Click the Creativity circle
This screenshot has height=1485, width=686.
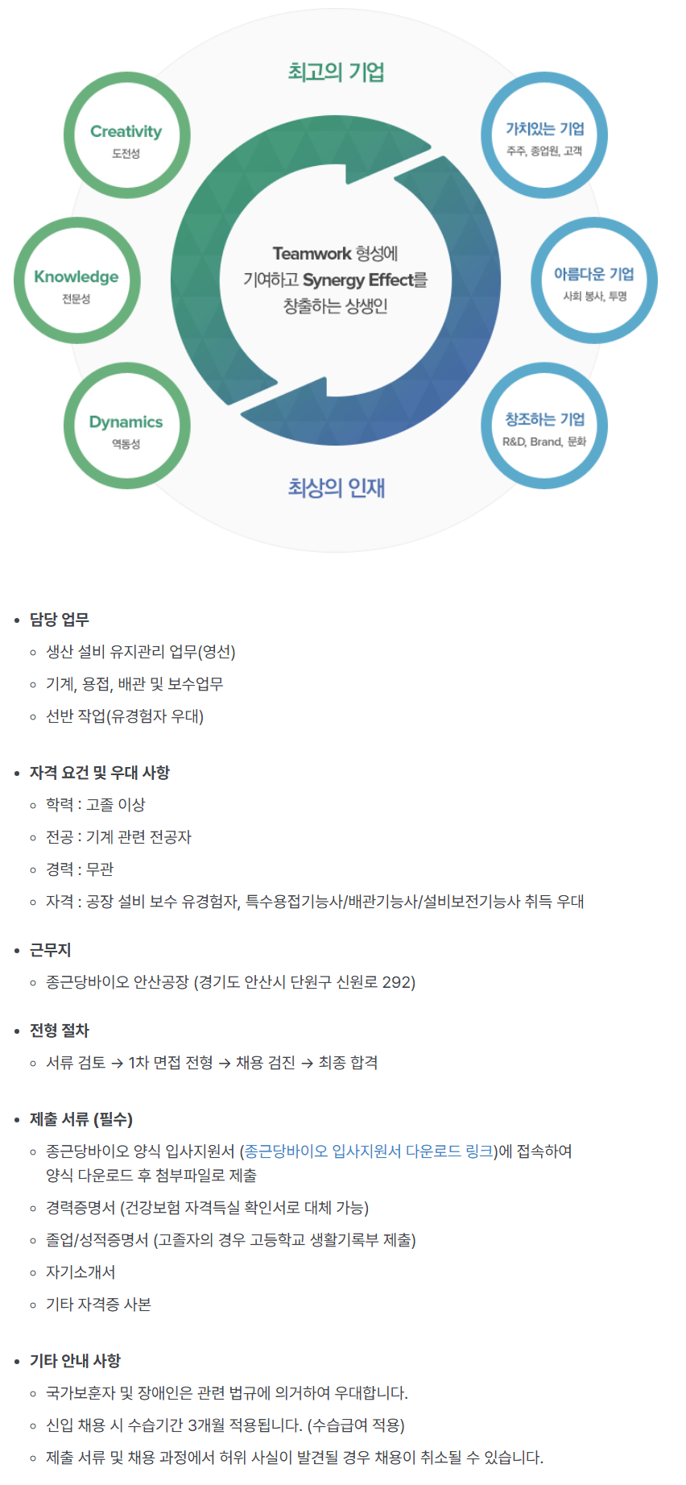(126, 135)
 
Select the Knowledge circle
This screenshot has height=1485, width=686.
(76, 281)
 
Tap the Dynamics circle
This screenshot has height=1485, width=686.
(126, 426)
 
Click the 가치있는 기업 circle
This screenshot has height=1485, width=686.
(544, 135)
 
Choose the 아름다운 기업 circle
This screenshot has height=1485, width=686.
(594, 281)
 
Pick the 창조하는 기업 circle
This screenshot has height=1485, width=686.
(544, 426)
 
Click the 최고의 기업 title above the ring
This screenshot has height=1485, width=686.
(336, 73)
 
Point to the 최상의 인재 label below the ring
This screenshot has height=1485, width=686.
(337, 487)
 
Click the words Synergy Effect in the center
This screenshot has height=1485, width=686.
(357, 280)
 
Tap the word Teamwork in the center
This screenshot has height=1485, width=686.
(312, 254)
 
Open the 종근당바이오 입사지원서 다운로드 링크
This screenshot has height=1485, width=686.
(369, 1151)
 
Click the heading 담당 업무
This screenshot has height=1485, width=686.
(60, 620)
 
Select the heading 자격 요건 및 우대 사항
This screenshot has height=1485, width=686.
(100, 773)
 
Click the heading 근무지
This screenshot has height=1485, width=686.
(51, 950)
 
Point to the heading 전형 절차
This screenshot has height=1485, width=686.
(60, 1031)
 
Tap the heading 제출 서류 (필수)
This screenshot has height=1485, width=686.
(81, 1119)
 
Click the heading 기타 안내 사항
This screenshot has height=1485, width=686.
(75, 1361)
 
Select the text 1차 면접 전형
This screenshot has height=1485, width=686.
(171, 1063)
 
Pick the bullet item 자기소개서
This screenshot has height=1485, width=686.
(81, 1272)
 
